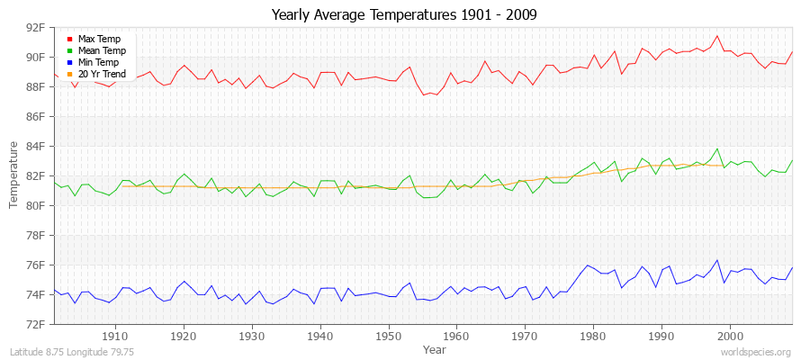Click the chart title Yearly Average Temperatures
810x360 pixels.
point(406,15)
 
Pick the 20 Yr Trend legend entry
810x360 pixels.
point(102,74)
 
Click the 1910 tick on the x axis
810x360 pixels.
point(115,336)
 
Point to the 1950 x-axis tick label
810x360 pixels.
point(389,336)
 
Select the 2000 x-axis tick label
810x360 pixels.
point(730,336)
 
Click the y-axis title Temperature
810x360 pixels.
point(13,175)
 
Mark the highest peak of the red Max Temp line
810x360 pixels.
point(716,36)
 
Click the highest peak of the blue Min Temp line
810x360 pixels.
point(716,260)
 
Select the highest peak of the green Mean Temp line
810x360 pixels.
point(716,148)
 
